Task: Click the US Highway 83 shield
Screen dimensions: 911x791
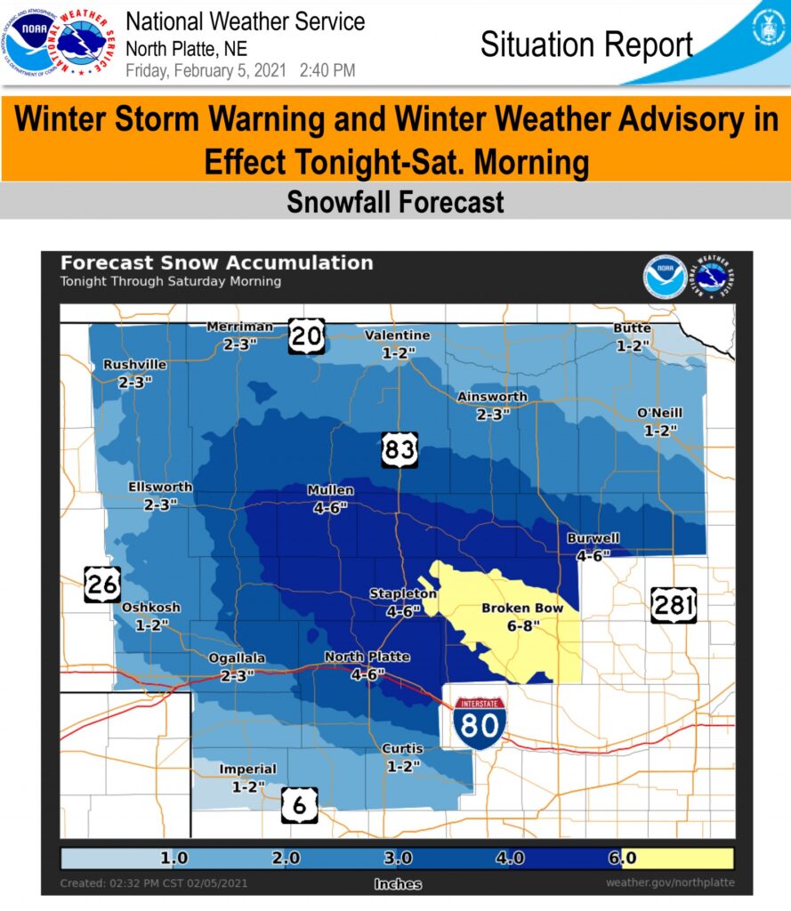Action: click(x=400, y=449)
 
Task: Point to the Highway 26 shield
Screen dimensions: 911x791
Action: click(x=102, y=584)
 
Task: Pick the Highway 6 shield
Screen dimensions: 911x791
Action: click(x=300, y=805)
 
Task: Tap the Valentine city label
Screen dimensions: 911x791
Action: click(x=398, y=335)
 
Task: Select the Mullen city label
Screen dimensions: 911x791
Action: click(x=330, y=490)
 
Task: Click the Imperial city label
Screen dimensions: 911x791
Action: click(x=247, y=769)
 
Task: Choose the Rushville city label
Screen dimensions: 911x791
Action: click(x=134, y=365)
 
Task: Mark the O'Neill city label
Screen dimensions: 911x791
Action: click(x=660, y=414)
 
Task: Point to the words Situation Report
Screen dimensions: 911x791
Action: click(x=585, y=44)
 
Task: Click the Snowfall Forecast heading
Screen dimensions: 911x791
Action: click(x=395, y=202)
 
